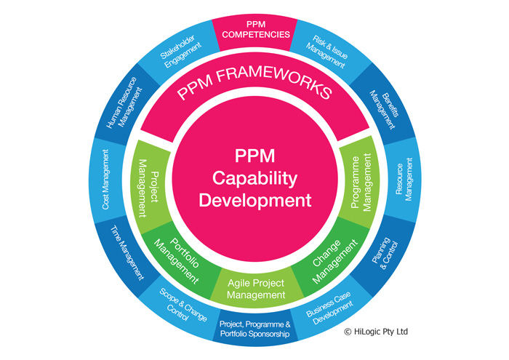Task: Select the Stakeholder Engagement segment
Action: [180, 51]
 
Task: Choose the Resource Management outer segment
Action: [403, 179]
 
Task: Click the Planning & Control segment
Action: [384, 254]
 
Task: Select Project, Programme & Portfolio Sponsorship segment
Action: [255, 328]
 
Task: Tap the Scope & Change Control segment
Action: [183, 305]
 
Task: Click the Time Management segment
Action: [127, 253]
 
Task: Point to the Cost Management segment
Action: [106, 180]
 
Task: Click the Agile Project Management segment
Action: [256, 289]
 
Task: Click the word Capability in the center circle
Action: [254, 179]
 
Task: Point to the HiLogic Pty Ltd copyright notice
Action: [376, 332]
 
